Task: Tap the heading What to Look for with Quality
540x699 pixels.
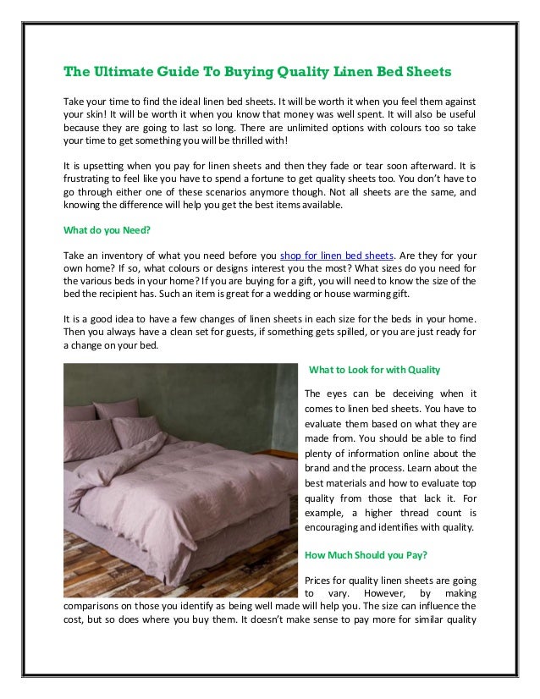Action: [374, 370]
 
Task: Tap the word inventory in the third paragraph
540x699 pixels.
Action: [120, 255]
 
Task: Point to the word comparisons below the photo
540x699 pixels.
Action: [95, 606]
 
